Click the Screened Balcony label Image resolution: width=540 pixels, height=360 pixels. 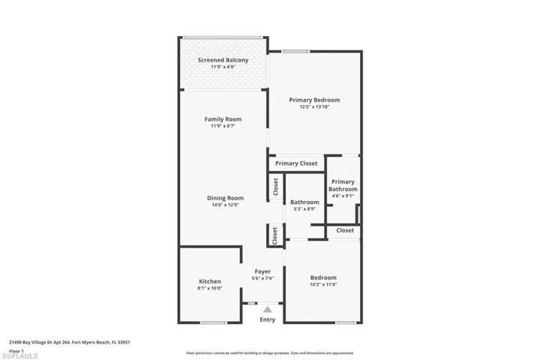pyautogui.click(x=223, y=60)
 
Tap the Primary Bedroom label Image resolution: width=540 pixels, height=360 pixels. pyautogui.click(x=315, y=100)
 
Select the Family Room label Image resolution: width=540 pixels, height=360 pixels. pyautogui.click(x=223, y=119)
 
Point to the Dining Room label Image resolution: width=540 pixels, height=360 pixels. pyautogui.click(x=225, y=198)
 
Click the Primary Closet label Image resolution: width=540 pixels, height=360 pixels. pyautogui.click(x=296, y=163)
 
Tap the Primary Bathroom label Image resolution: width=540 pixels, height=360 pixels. pyautogui.click(x=343, y=185)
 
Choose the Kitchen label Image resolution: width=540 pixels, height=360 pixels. pyautogui.click(x=209, y=281)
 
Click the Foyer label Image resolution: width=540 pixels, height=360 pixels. pyautogui.click(x=262, y=271)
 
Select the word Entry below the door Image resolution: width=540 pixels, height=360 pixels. pyautogui.click(x=268, y=319)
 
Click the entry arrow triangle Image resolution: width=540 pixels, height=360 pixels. pyautogui.click(x=268, y=308)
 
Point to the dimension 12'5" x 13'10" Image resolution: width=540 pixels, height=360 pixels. pyautogui.click(x=315, y=106)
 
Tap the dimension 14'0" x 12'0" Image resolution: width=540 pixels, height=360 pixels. pyautogui.click(x=225, y=205)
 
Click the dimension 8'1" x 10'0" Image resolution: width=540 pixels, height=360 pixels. pyautogui.click(x=209, y=288)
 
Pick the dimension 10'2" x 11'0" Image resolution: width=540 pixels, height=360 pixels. pyautogui.click(x=323, y=284)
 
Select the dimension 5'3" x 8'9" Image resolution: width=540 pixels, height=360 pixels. pyautogui.click(x=305, y=208)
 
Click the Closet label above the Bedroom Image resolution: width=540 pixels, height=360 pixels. pyautogui.click(x=345, y=230)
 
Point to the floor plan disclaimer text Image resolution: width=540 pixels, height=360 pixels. pyautogui.click(x=270, y=352)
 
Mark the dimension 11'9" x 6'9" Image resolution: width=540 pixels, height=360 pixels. pyautogui.click(x=223, y=67)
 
